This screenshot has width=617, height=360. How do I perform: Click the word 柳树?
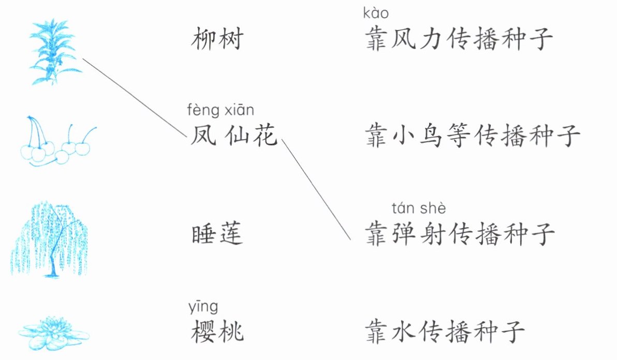(x=216, y=39)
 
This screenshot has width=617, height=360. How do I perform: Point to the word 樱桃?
(x=216, y=332)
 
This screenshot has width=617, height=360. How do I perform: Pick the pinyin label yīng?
(x=204, y=307)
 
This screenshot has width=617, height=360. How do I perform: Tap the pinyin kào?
(x=376, y=13)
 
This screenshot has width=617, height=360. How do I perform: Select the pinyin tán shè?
(x=419, y=208)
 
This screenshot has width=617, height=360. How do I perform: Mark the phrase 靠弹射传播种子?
(x=460, y=234)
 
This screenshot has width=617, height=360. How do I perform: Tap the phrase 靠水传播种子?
(x=445, y=332)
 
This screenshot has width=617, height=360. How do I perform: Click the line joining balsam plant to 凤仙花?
(x=135, y=97)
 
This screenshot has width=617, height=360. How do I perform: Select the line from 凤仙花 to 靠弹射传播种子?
(x=317, y=190)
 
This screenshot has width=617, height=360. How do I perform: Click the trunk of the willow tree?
(x=52, y=261)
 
